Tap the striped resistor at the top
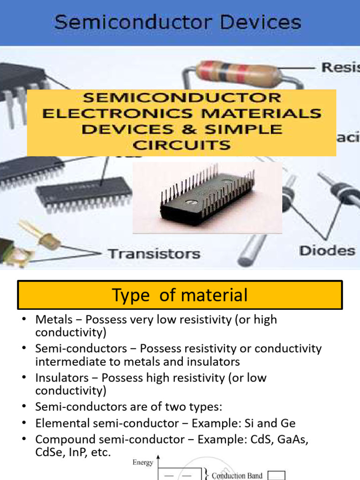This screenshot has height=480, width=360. (239, 73)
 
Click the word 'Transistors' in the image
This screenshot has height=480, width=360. (154, 255)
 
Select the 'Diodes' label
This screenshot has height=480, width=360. (327, 251)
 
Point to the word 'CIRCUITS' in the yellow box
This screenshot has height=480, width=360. (181, 145)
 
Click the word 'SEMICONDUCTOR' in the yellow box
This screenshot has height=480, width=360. (182, 98)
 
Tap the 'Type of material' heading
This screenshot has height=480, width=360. (180, 295)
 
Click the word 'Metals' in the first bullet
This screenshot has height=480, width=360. (54, 320)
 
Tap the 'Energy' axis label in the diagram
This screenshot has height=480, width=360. (143, 463)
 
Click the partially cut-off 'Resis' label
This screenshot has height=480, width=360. (340, 67)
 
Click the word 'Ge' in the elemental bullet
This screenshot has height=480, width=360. (288, 423)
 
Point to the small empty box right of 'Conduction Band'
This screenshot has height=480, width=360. (277, 475)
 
